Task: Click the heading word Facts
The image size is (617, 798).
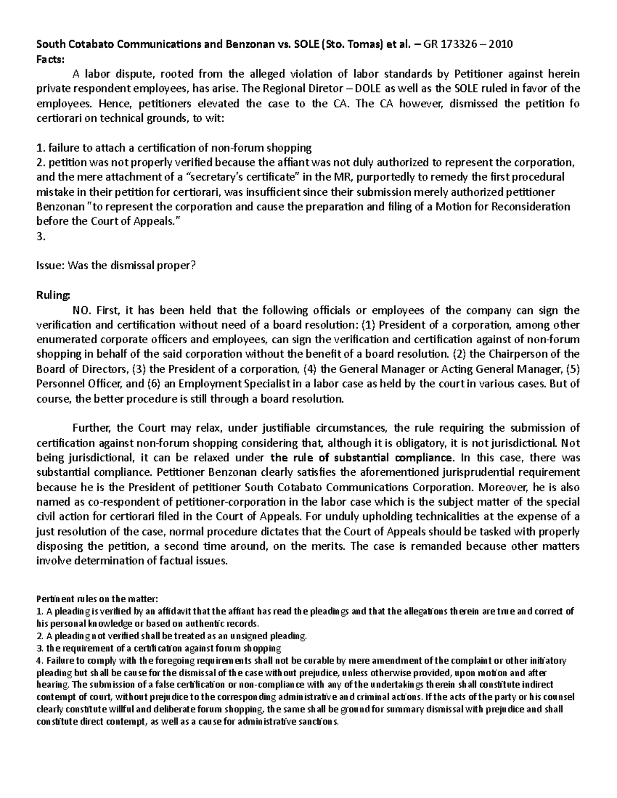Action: click(50, 59)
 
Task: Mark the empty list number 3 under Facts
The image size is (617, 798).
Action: click(42, 237)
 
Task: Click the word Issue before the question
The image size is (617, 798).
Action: click(48, 266)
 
